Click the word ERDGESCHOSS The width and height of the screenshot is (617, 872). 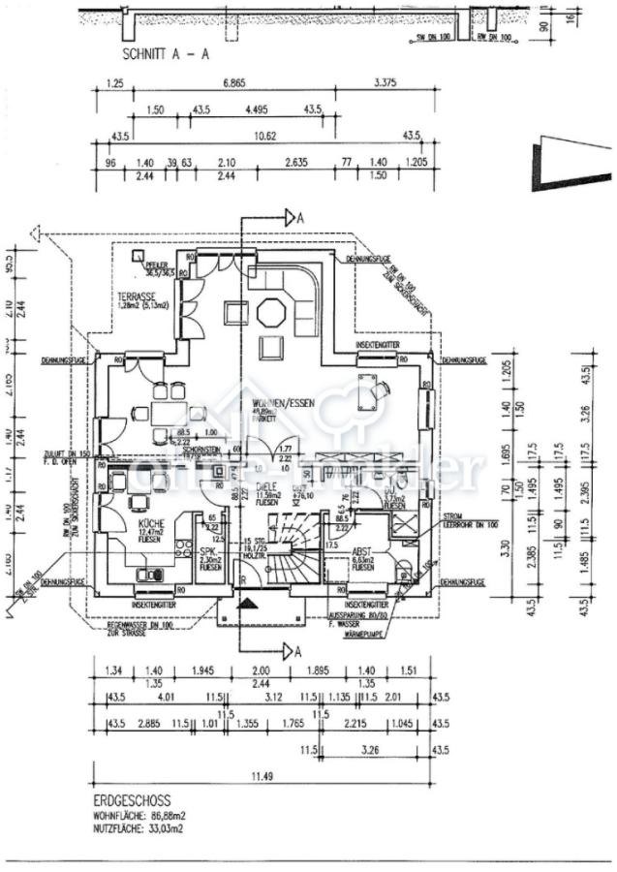tap(133, 801)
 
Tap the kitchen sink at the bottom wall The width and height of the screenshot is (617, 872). tap(151, 574)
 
